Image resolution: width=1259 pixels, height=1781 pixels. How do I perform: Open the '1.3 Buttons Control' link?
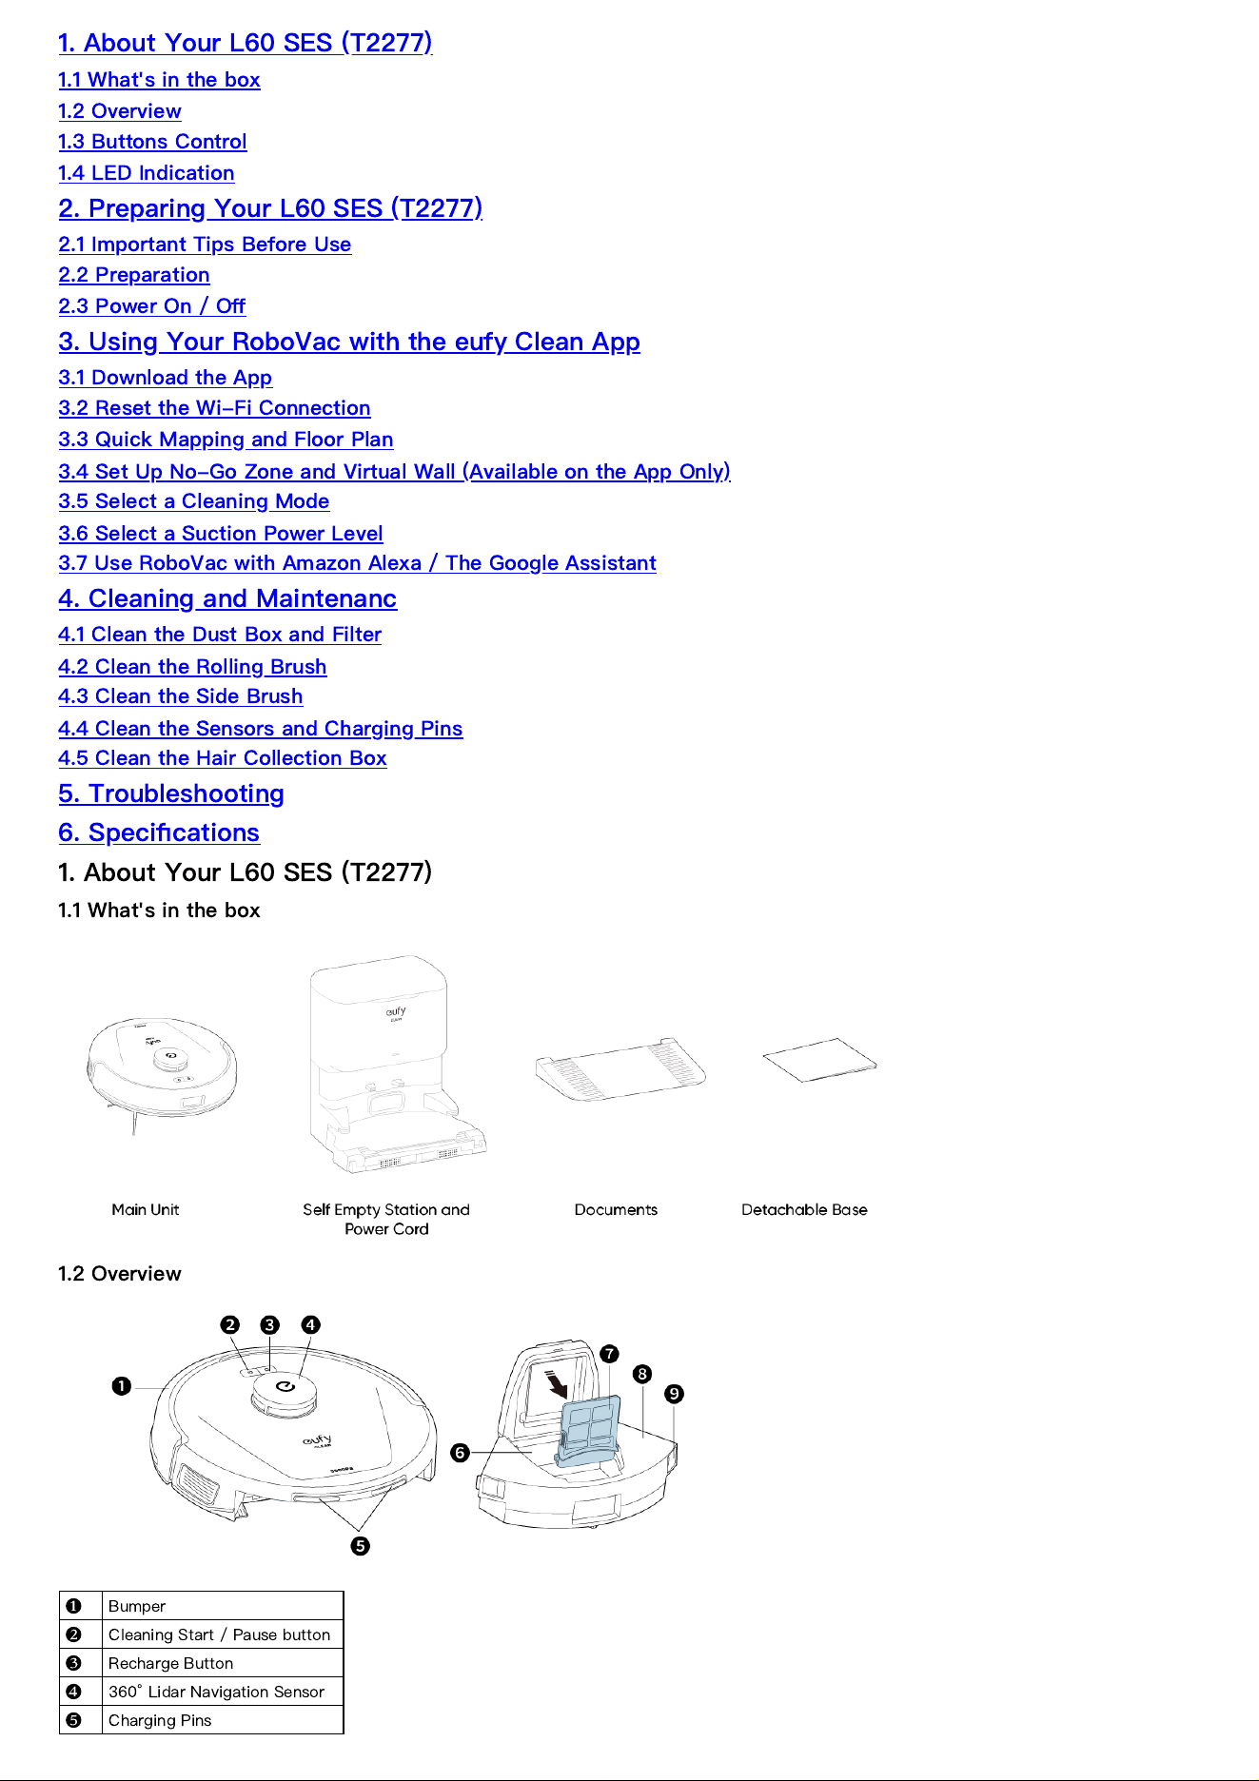[152, 142]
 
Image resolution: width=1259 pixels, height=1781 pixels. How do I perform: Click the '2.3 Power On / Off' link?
[152, 306]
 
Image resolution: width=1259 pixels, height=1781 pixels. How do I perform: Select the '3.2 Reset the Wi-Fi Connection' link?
[214, 408]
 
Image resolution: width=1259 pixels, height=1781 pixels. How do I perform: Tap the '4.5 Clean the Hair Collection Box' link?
[223, 758]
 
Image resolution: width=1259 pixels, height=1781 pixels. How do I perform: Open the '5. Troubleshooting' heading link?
[171, 793]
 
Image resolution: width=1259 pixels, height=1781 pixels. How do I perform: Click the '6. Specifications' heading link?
[159, 832]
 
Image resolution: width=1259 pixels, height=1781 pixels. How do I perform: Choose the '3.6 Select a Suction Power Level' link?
[221, 534]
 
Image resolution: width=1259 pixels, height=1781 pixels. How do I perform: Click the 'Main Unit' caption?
[146, 1209]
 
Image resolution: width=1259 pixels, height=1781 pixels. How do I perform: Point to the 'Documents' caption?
[616, 1209]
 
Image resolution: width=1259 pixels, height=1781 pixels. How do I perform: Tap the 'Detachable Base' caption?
[804, 1209]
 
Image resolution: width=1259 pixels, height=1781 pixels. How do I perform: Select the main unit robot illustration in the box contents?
[162, 1070]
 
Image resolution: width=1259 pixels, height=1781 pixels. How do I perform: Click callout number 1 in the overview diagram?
[122, 1386]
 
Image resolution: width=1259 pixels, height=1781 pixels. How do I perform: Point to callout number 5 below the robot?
[360, 1546]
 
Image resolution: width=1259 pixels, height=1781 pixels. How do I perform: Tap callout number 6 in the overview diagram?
[460, 1453]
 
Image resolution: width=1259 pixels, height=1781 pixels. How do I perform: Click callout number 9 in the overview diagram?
[674, 1394]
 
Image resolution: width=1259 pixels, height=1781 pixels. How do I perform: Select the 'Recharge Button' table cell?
[223, 1663]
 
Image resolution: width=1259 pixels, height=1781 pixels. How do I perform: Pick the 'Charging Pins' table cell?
[223, 1720]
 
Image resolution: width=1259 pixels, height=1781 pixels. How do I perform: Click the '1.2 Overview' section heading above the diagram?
[120, 1274]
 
